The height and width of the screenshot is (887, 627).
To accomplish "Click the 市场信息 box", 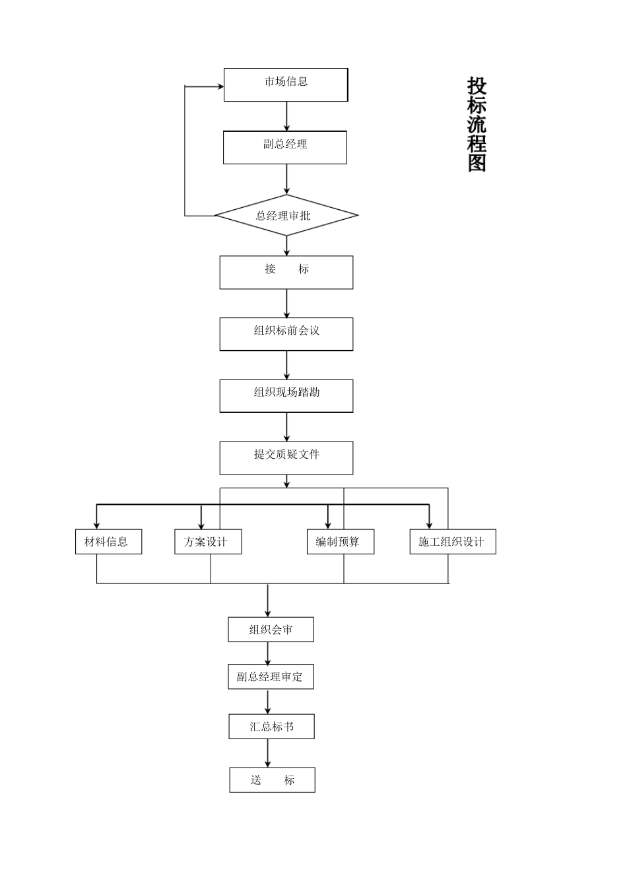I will [x=286, y=84].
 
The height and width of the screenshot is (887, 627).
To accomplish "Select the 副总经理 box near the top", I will [x=285, y=147].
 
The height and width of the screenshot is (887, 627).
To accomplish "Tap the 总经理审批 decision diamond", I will [x=286, y=215].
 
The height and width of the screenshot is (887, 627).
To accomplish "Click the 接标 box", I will [x=286, y=272].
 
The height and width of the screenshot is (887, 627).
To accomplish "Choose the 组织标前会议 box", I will [x=286, y=334].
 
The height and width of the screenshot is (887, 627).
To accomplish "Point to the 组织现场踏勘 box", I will [x=286, y=395].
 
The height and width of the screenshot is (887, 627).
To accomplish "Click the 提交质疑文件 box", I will [x=286, y=457].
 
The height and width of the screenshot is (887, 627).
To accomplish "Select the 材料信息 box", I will [x=108, y=542].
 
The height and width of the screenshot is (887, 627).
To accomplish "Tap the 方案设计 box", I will [x=208, y=542].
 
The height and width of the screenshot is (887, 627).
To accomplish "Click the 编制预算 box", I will [x=341, y=542].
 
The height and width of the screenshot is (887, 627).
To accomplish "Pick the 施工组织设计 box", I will [x=452, y=542].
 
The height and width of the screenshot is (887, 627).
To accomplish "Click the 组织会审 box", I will [x=271, y=630].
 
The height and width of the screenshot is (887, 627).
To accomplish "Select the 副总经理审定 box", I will [x=271, y=676].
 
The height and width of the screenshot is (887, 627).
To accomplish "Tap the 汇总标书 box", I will [x=271, y=727].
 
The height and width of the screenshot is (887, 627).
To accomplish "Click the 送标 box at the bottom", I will [x=272, y=779].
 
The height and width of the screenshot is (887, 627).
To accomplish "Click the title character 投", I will [x=477, y=86].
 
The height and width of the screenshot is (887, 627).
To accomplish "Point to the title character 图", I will [x=477, y=162].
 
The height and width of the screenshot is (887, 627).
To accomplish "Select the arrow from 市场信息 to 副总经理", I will [x=286, y=116].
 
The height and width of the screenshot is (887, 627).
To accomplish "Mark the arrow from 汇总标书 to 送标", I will [x=268, y=753].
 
